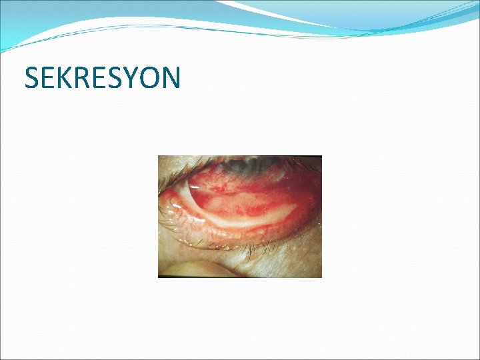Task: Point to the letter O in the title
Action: coord(153,78)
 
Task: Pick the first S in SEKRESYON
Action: coord(32,78)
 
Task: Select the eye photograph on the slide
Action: coord(239,216)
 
